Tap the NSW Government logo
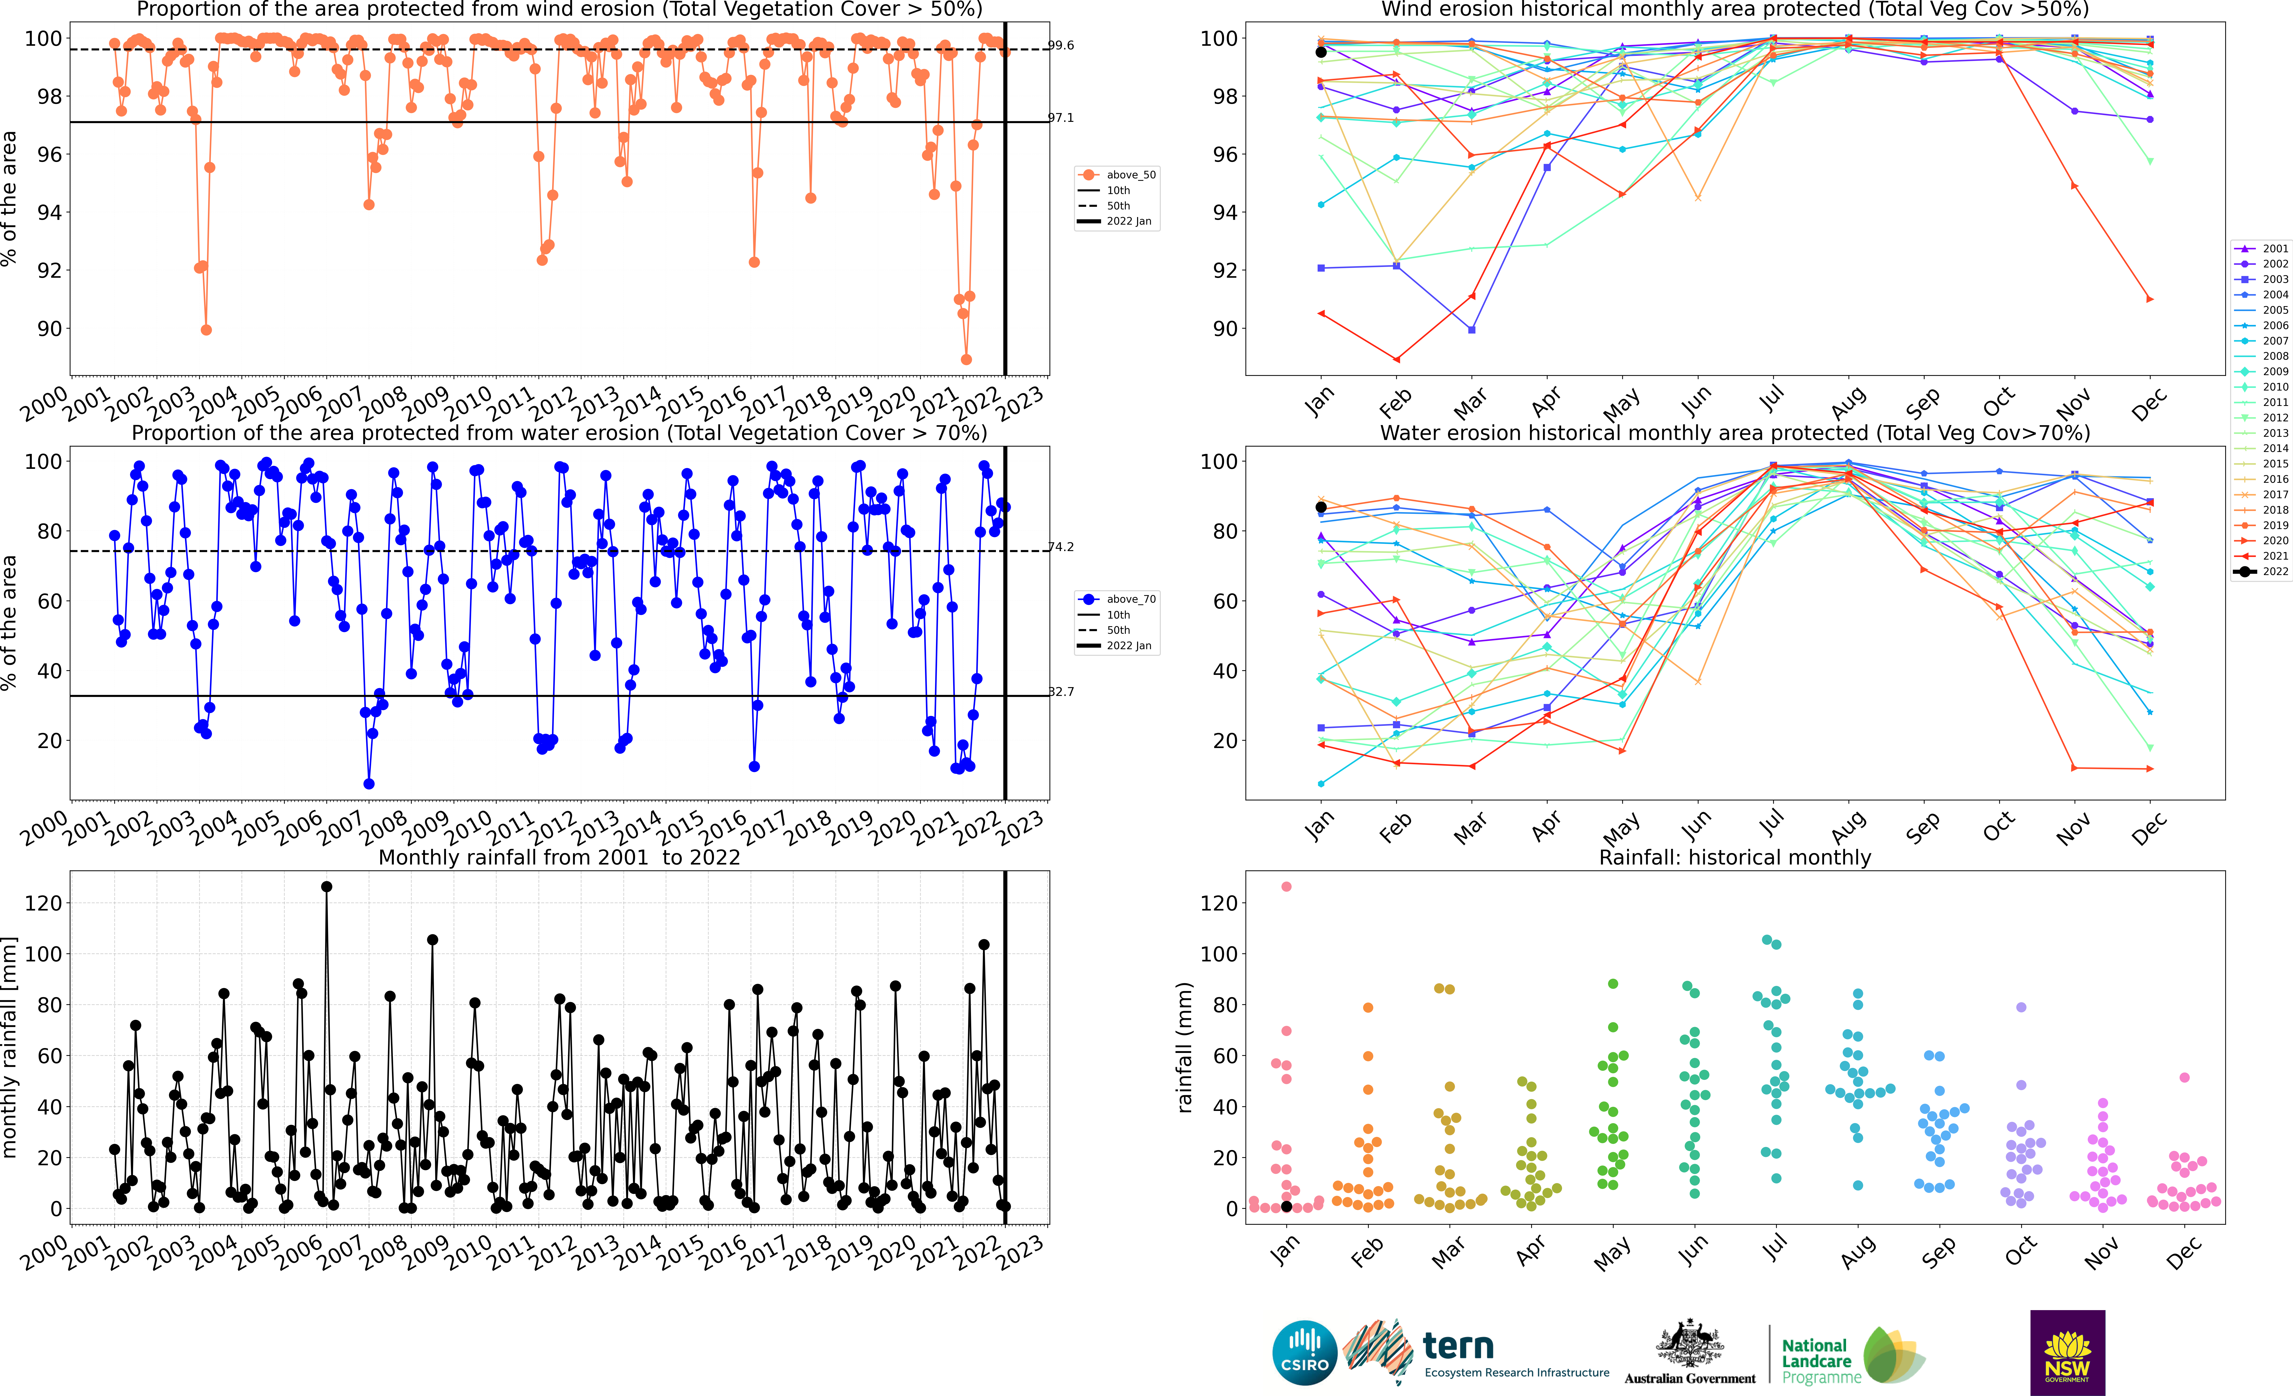[2067, 1352]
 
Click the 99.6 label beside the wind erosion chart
[1061, 45]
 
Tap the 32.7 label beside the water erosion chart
[1061, 692]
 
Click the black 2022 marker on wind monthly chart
[1321, 52]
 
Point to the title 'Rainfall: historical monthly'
[1735, 857]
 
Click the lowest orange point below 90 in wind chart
[967, 359]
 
